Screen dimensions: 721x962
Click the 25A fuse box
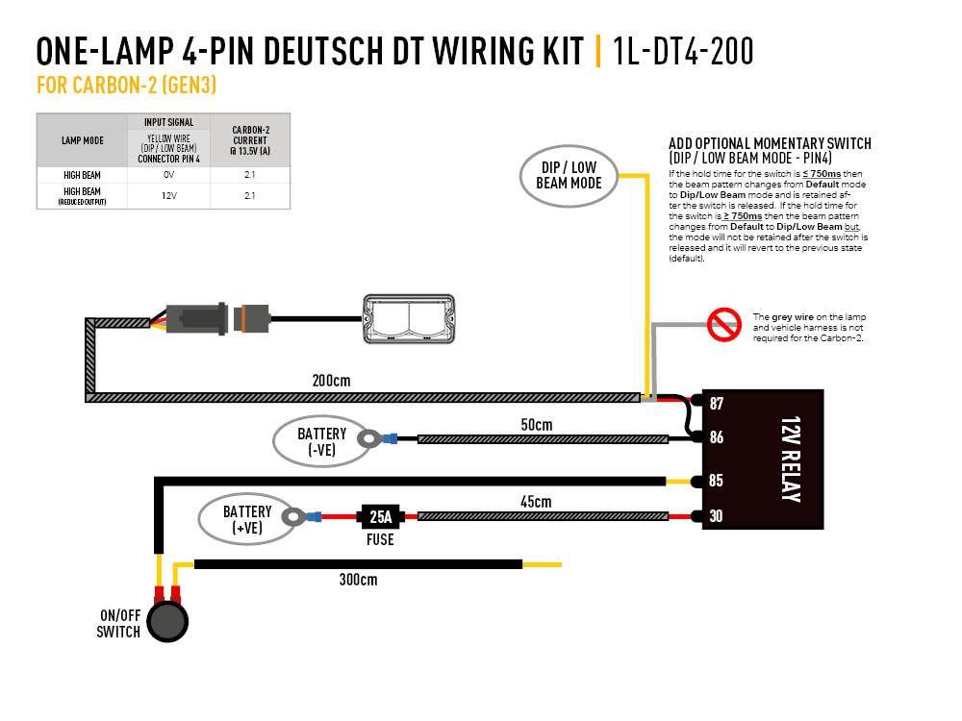click(x=381, y=516)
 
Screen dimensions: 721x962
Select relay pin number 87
click(x=716, y=403)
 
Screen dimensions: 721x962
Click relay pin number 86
click(x=716, y=437)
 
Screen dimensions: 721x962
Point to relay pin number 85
click(x=716, y=480)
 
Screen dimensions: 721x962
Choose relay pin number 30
click(x=716, y=516)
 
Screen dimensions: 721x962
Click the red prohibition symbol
click(x=722, y=325)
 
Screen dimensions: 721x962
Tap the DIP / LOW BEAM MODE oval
click(x=569, y=174)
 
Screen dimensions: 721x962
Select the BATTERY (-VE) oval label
click(x=321, y=441)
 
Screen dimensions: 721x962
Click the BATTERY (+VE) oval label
click(x=247, y=519)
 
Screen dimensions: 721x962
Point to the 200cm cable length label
click(x=332, y=381)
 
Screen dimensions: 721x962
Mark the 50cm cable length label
click(x=537, y=424)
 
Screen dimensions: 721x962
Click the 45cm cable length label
click(x=536, y=502)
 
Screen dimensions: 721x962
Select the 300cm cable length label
click(x=358, y=580)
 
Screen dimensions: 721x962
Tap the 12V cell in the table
click(x=168, y=195)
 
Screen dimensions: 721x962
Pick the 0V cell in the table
click(x=168, y=175)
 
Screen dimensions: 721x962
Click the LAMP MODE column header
click(x=82, y=140)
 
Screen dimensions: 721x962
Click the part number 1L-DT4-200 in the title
click(x=682, y=50)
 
